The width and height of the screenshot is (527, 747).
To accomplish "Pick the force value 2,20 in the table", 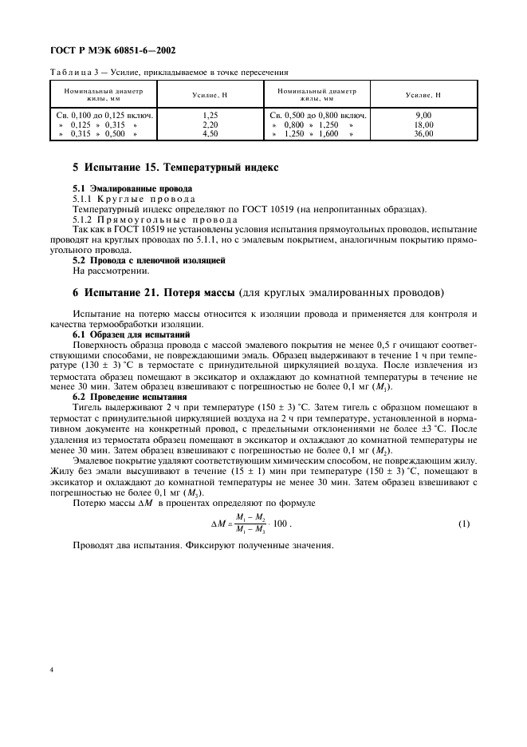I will click(x=210, y=125).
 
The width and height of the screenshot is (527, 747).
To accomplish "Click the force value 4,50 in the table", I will click(x=210, y=134).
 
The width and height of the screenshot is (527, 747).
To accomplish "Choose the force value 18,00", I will click(x=423, y=125).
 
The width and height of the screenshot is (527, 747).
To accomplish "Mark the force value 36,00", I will click(x=423, y=134).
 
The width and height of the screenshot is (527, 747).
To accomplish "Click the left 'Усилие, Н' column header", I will click(x=210, y=95).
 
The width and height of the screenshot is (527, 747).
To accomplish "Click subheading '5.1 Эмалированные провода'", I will click(x=118, y=188).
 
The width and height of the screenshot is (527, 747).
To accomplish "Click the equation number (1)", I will click(x=464, y=524).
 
